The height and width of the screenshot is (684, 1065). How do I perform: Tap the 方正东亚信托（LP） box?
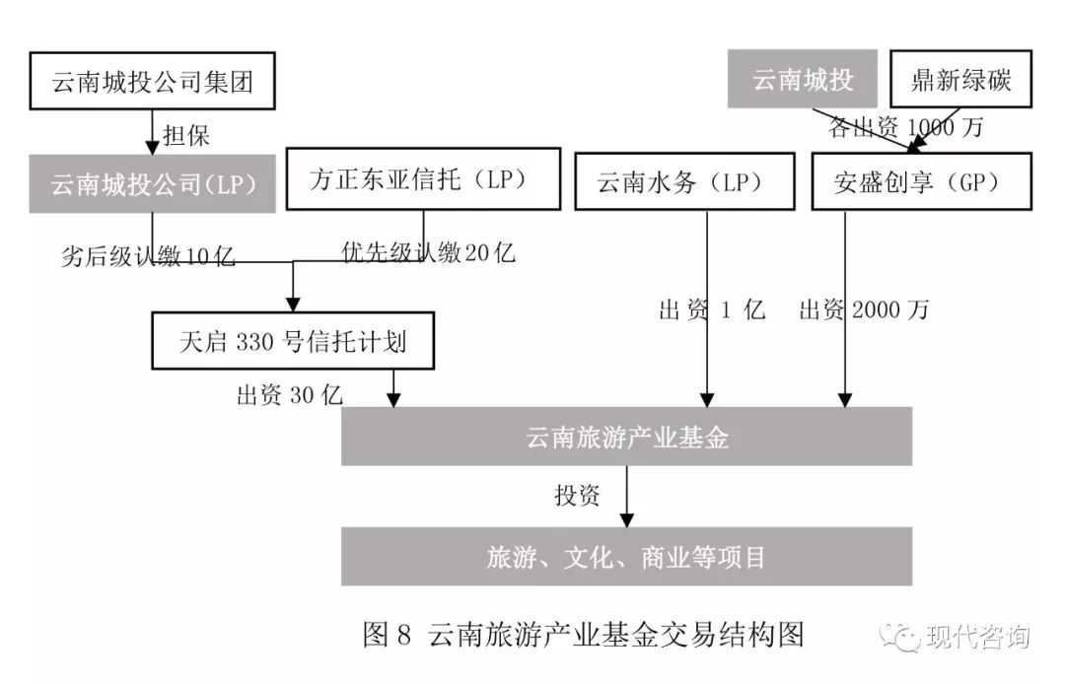coord(418,180)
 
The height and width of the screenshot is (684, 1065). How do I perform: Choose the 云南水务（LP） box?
coord(682,183)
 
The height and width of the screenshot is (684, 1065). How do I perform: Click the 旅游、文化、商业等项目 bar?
coord(627,557)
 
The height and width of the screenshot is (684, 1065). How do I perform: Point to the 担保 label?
coord(185,133)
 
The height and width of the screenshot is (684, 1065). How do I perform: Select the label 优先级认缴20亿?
coord(428,252)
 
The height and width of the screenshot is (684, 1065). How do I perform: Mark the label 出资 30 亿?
coord(289,395)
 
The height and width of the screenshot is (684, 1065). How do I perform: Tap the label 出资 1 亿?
coord(711,310)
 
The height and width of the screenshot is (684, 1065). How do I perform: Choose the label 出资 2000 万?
coord(864,310)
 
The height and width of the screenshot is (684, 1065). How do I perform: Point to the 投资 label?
coord(577,495)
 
